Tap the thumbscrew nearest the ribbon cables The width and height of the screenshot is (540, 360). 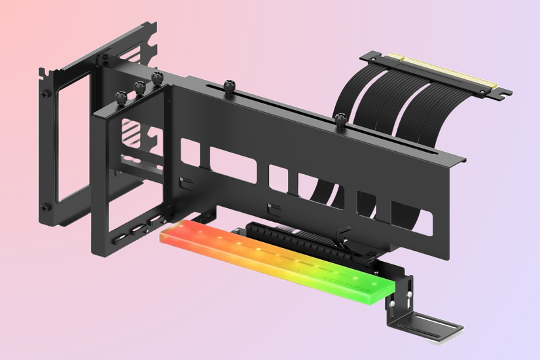pyautogui.click(x=340, y=118)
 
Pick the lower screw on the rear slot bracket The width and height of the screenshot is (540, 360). pyautogui.click(x=45, y=207)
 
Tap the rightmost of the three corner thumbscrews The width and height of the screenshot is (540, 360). pyautogui.click(x=156, y=78)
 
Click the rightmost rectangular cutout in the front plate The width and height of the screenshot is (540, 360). pyautogui.click(x=412, y=216)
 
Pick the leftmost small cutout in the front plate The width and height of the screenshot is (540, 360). pyautogui.click(x=190, y=152)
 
